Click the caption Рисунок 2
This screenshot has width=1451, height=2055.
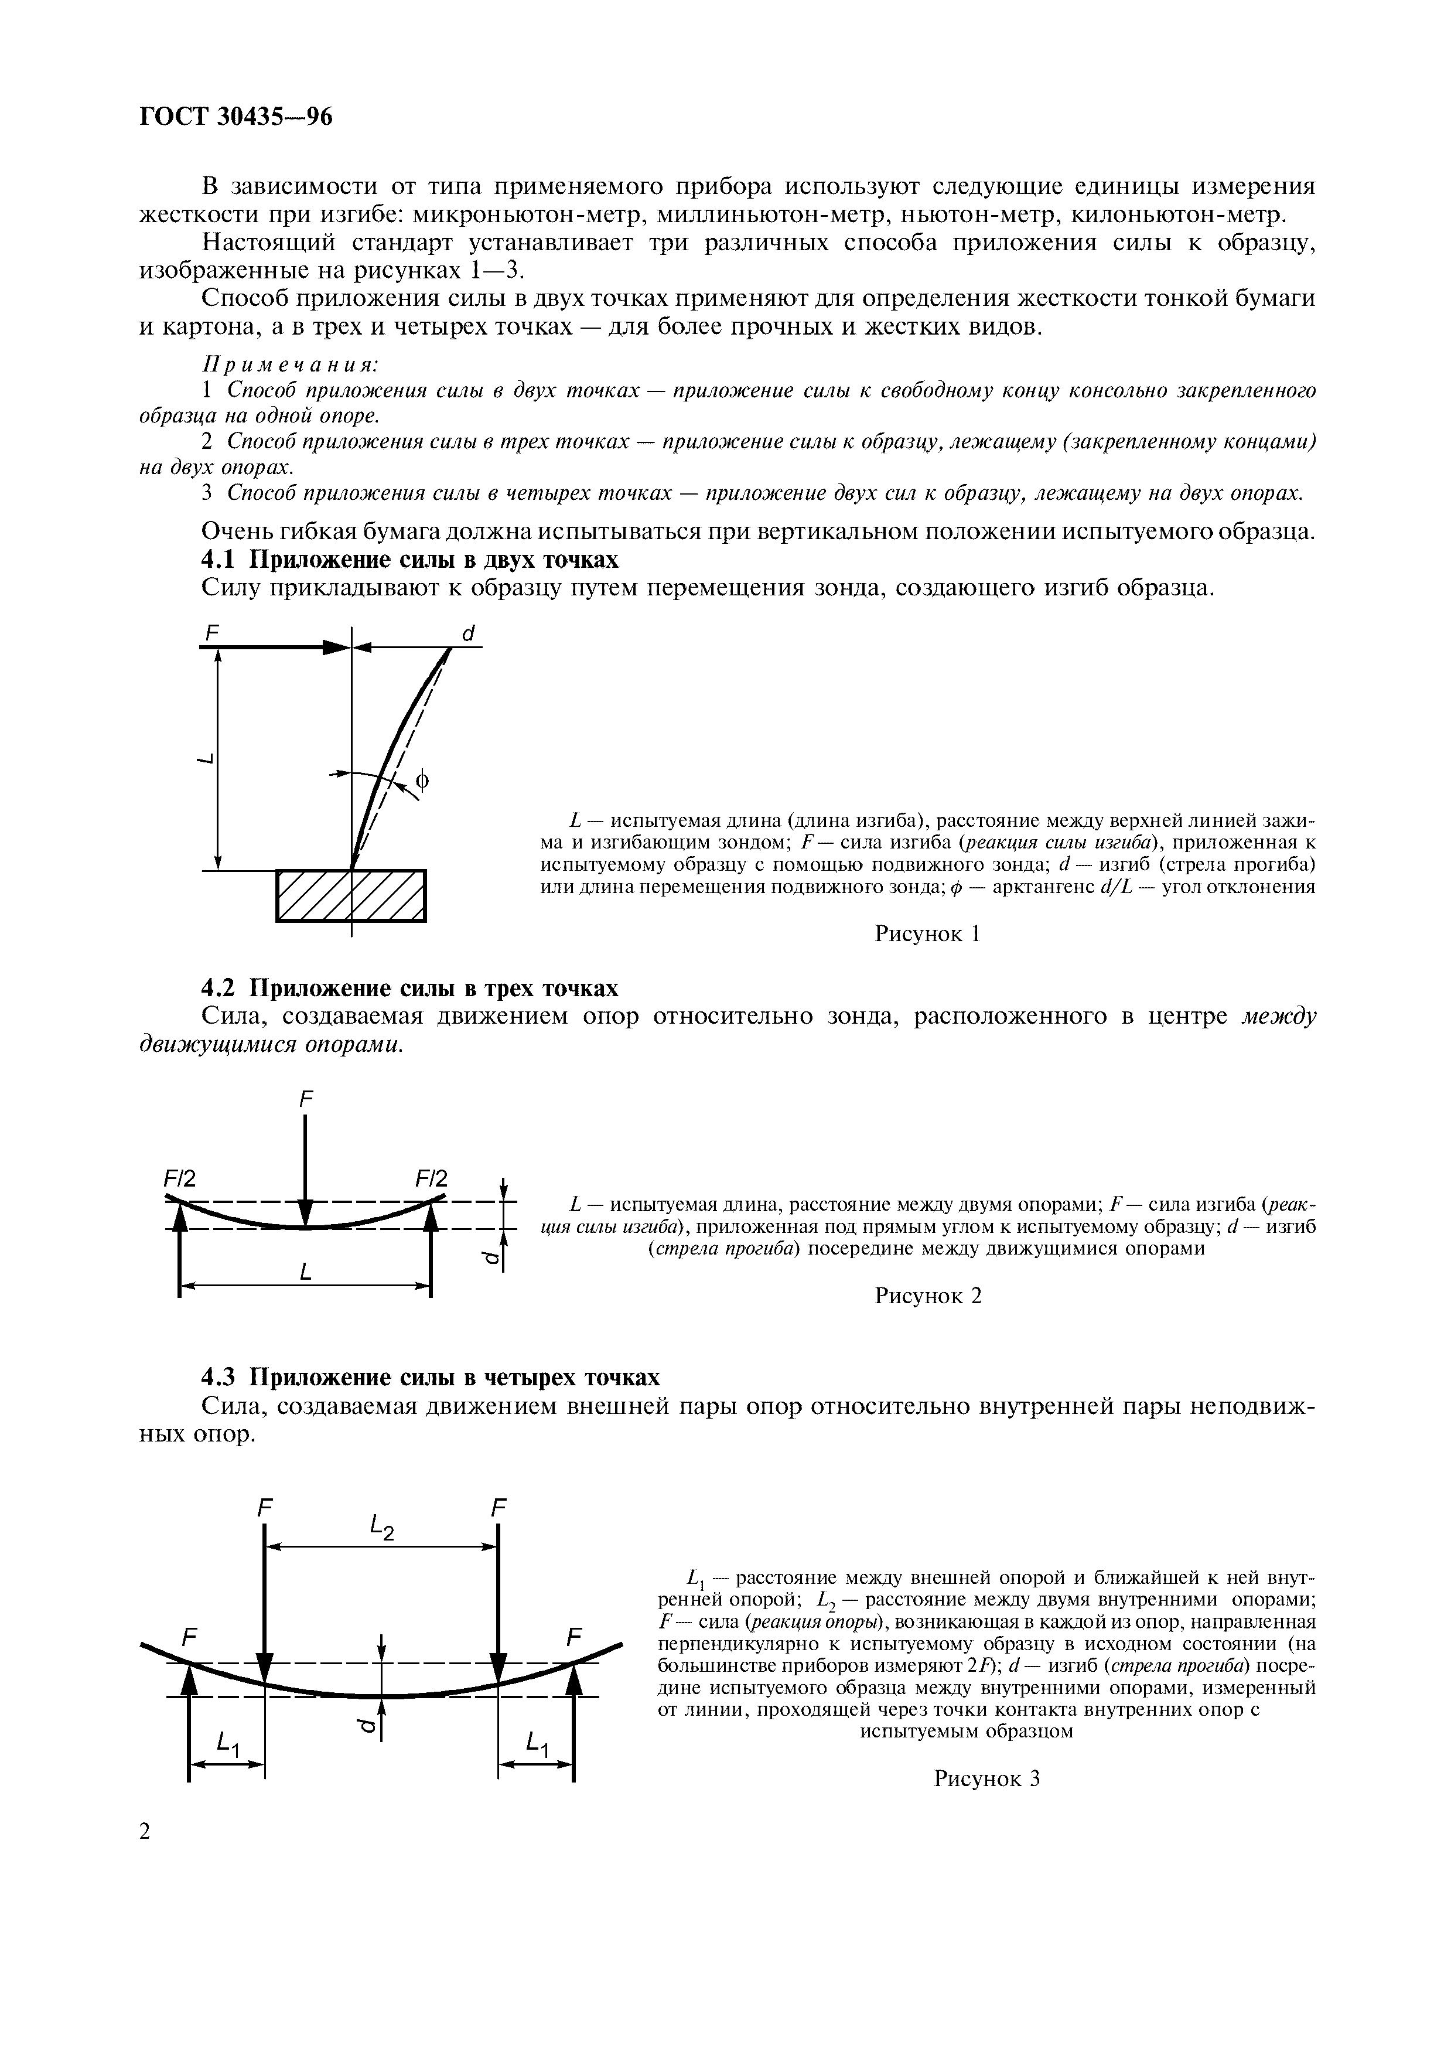[928, 1296]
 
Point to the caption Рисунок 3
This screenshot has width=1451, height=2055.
[986, 1777]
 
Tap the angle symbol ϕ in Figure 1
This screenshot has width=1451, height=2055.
[422, 781]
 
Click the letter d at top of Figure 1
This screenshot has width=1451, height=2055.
[467, 633]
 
